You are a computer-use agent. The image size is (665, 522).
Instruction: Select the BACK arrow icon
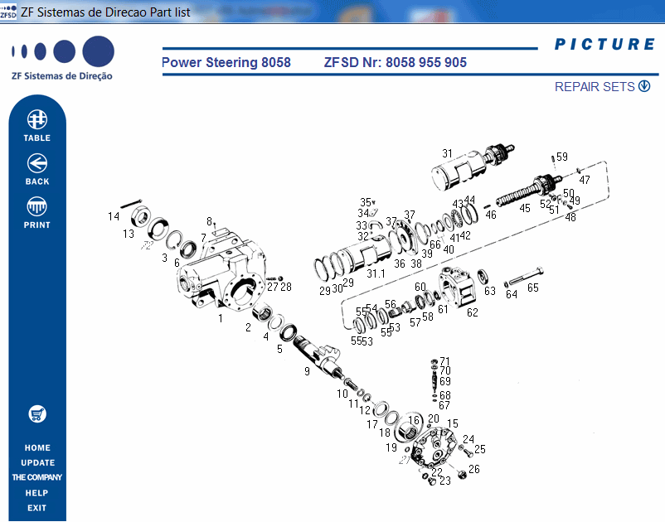point(37,163)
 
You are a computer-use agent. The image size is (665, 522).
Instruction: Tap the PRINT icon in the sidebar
point(37,206)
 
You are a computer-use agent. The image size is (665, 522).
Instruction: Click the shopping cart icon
point(37,413)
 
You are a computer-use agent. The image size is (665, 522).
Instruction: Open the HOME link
point(37,448)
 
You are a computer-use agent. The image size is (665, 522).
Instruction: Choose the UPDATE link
point(37,463)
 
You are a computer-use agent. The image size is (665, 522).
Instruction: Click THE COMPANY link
point(37,478)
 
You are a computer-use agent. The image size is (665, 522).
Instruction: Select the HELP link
point(37,493)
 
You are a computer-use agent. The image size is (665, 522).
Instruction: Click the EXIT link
point(37,508)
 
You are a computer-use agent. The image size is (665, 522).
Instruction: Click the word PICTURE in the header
point(604,45)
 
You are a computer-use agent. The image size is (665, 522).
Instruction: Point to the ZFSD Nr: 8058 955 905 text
point(395,63)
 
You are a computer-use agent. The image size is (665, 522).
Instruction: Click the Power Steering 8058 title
point(226,63)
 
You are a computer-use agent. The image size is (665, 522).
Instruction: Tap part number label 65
point(532,288)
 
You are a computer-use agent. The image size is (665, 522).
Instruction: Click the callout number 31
point(447,153)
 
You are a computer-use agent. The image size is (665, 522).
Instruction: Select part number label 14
point(114,217)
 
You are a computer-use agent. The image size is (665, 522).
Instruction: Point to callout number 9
point(307,372)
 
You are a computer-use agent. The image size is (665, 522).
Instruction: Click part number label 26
point(474,469)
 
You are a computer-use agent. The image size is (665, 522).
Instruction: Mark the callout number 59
point(562,157)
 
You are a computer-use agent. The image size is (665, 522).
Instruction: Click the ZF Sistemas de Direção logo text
point(62,76)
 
